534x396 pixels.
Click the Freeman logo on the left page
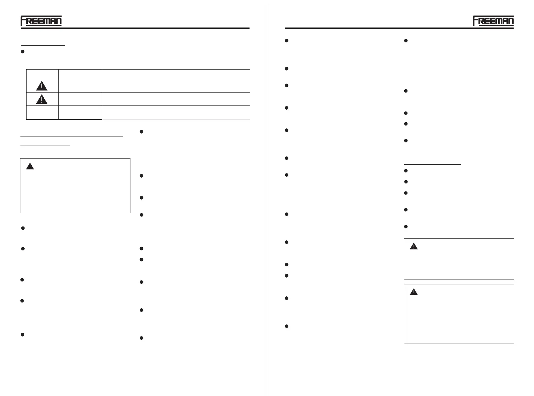(x=41, y=21)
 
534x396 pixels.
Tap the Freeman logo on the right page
(x=493, y=21)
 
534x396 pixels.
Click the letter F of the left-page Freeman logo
(x=24, y=21)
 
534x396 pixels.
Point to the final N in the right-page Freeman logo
(x=509, y=21)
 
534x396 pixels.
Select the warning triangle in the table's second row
(x=42, y=86)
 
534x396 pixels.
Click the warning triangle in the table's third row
(x=42, y=99)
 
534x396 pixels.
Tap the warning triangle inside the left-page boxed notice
(x=30, y=167)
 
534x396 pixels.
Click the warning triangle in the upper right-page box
(x=414, y=247)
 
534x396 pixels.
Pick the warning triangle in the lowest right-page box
(x=414, y=292)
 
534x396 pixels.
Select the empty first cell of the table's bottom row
(x=42, y=113)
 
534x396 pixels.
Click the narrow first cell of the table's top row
(x=42, y=74)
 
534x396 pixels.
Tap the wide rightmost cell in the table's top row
(x=176, y=74)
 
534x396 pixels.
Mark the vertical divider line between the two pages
(x=267, y=198)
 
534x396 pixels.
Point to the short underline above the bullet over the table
(x=43, y=46)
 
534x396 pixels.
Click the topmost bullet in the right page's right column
(x=406, y=41)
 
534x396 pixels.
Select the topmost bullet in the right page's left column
(x=287, y=41)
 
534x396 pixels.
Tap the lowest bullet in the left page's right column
(x=141, y=338)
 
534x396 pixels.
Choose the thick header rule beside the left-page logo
(x=155, y=28)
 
